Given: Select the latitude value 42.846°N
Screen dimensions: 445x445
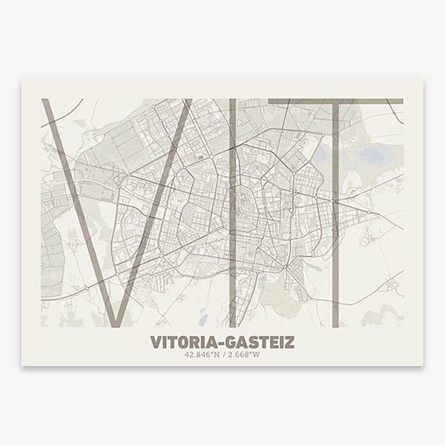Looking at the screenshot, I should tap(202, 355).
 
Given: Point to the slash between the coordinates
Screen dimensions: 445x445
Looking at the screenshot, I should tap(223, 355).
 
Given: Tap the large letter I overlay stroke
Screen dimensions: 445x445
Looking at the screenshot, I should tap(233, 215).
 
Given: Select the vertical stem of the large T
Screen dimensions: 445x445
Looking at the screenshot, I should tap(335, 222).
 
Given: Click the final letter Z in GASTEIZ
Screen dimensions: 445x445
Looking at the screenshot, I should tap(290, 343).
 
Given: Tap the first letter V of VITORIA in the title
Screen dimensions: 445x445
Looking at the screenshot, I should tap(155, 343).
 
